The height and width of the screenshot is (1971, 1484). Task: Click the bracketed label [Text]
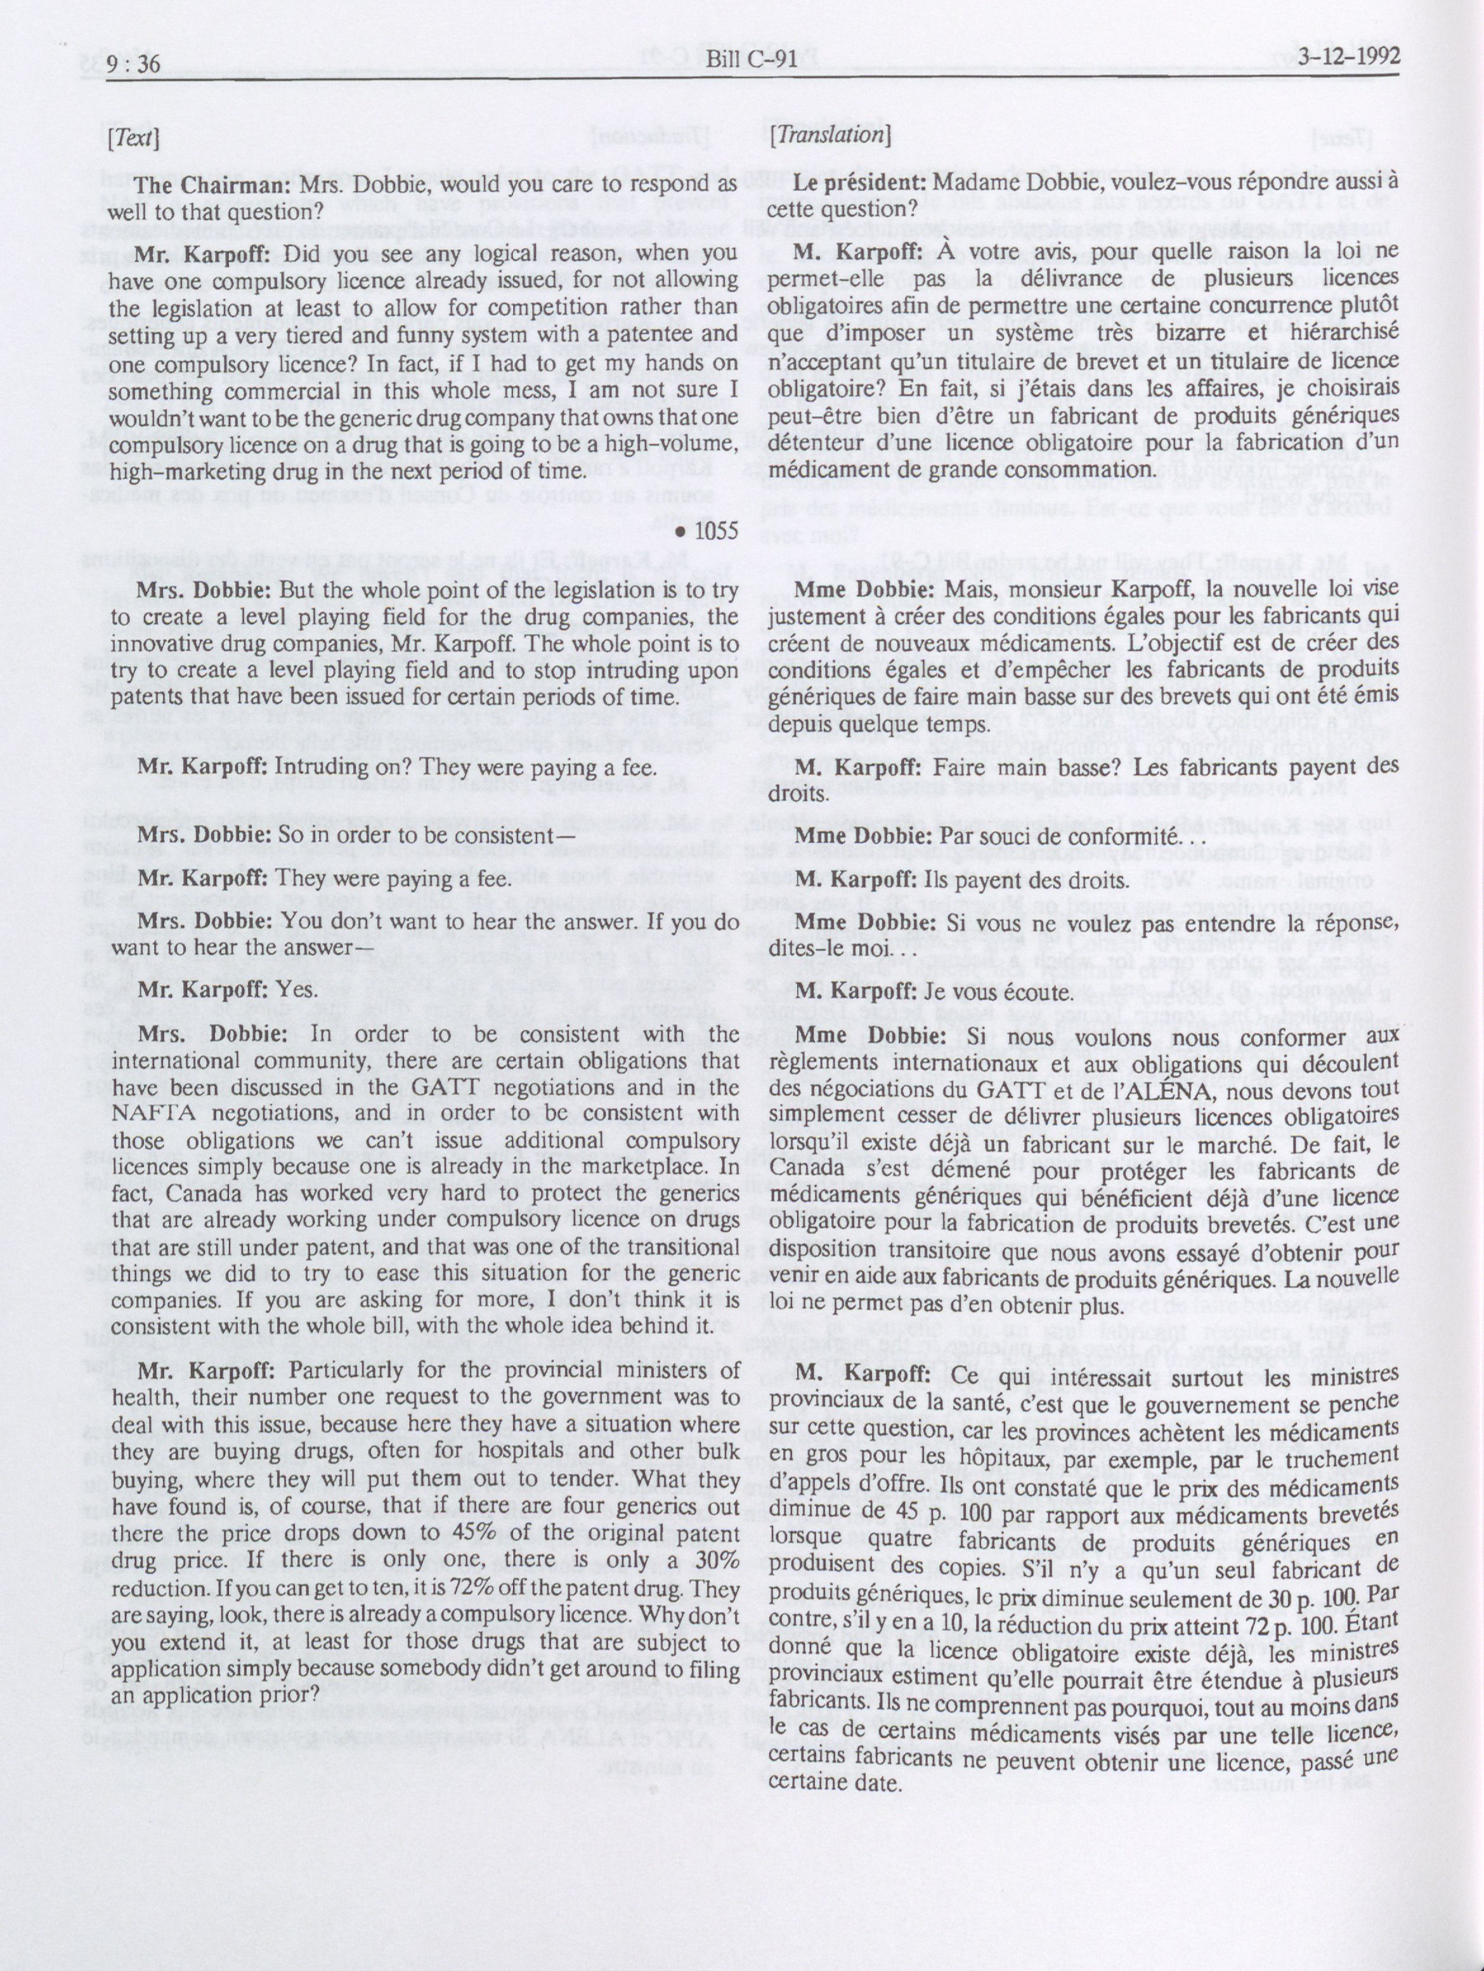click(x=132, y=139)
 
